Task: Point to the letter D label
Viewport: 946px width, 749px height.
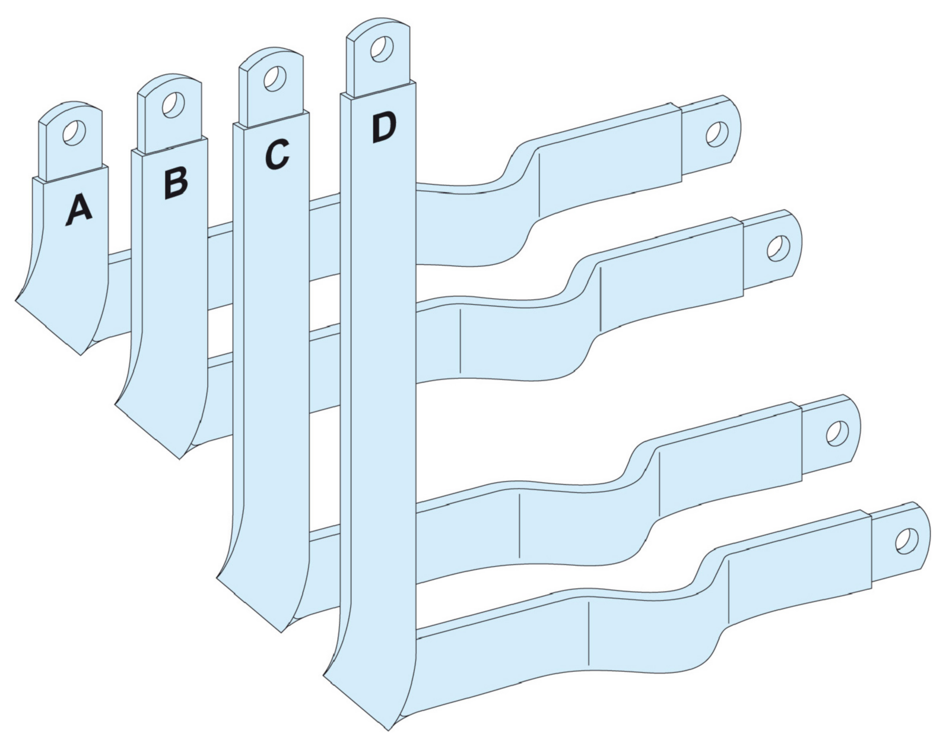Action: pos(383,128)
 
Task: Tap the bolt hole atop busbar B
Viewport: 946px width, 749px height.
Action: pos(172,105)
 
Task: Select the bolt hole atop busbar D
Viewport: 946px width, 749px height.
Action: pos(381,48)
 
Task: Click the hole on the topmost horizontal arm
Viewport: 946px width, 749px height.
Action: pos(717,134)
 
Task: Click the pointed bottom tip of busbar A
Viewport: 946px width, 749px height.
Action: pos(80,355)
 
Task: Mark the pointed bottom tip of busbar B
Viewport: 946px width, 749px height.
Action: pos(179,459)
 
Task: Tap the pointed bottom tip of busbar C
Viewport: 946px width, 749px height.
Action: pos(281,633)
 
